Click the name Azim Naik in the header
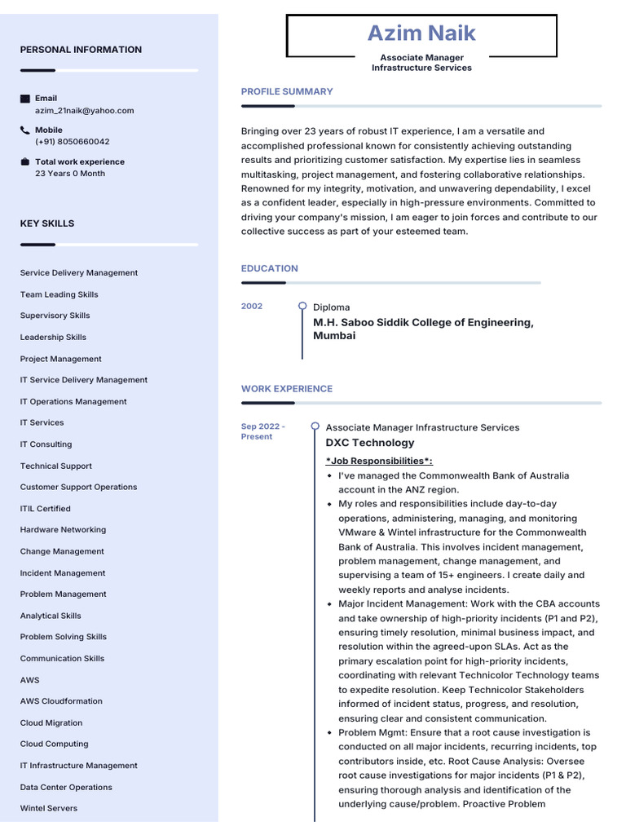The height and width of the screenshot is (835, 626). click(x=421, y=33)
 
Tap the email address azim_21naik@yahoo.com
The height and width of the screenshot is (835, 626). click(x=84, y=110)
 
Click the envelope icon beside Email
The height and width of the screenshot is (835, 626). click(x=25, y=99)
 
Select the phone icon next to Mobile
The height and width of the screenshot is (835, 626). click(x=25, y=130)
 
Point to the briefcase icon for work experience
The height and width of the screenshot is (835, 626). click(x=25, y=161)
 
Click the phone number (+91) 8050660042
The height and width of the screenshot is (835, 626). click(x=72, y=141)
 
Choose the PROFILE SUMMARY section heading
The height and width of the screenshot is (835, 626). click(x=287, y=91)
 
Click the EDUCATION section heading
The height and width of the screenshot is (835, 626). click(x=270, y=268)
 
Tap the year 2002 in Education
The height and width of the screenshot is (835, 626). click(x=252, y=306)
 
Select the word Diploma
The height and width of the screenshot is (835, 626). click(x=332, y=307)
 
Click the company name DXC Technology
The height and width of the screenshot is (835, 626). click(x=370, y=443)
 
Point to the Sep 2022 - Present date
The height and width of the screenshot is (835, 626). click(x=262, y=431)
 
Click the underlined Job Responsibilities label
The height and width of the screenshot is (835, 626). click(x=379, y=461)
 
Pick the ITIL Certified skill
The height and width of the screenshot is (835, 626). click(x=46, y=509)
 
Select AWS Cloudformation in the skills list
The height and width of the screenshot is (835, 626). click(x=61, y=701)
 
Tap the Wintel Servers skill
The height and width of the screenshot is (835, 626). click(x=49, y=808)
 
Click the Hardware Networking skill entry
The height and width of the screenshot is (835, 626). click(x=63, y=530)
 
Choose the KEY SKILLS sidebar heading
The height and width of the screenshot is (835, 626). click(x=47, y=223)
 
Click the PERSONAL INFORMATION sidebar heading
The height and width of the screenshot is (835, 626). click(x=81, y=50)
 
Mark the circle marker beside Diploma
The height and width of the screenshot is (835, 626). click(x=302, y=306)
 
